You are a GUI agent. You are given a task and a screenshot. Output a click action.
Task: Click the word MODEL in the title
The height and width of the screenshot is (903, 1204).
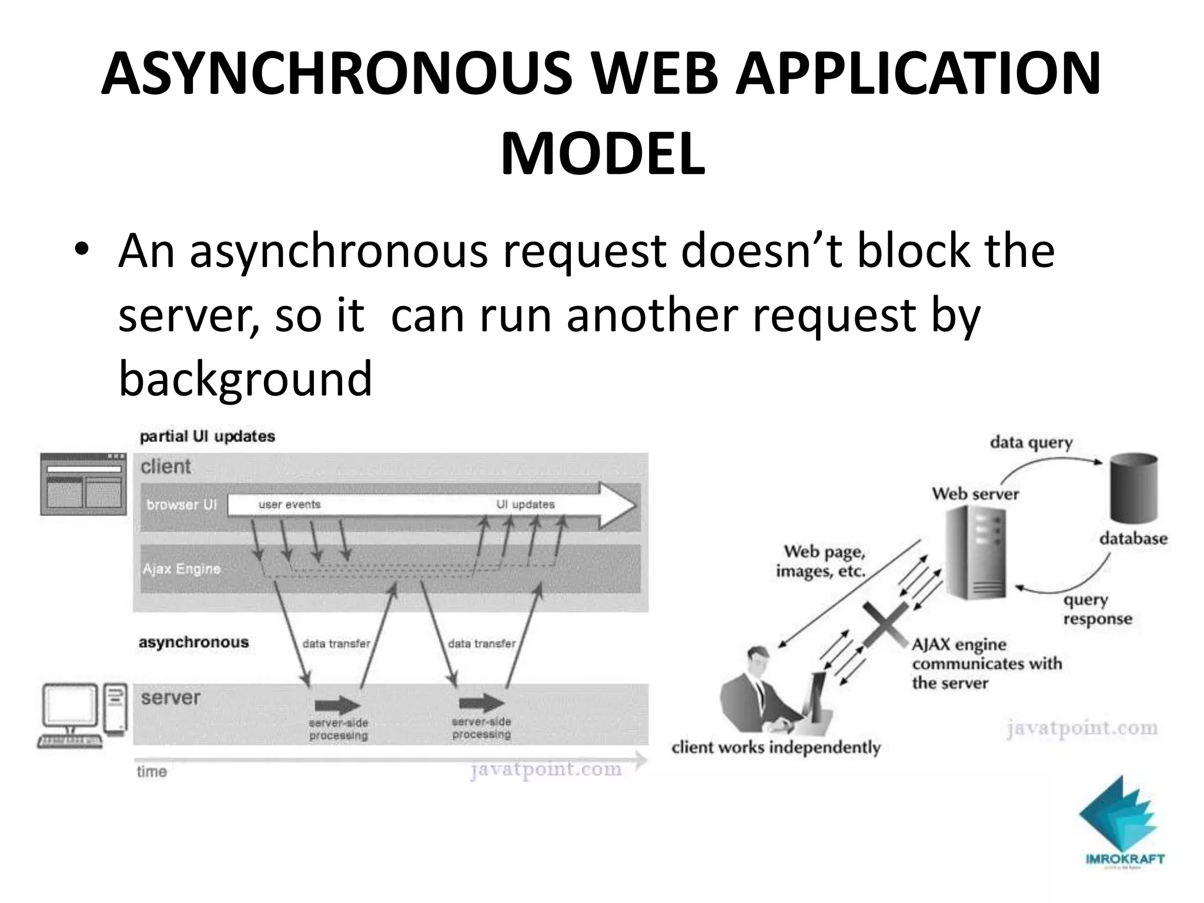pos(602,154)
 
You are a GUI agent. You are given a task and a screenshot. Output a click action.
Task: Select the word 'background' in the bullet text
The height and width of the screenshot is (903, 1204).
pos(245,379)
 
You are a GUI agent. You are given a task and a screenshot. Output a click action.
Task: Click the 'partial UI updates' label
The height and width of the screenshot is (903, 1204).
pos(207,437)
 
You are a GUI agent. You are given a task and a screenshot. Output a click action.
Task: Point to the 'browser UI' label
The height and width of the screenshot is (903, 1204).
pos(182,504)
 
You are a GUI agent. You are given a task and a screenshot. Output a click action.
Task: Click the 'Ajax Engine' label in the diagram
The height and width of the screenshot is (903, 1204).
pos(182,568)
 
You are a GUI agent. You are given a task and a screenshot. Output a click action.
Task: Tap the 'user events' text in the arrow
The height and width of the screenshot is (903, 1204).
pos(289,504)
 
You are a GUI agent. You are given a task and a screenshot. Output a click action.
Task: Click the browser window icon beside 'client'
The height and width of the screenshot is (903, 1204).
pos(83,483)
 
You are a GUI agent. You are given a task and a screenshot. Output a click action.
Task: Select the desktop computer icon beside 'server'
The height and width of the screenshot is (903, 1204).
pos(82,714)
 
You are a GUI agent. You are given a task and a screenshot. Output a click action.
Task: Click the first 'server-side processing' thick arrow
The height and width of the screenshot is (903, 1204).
pos(337,705)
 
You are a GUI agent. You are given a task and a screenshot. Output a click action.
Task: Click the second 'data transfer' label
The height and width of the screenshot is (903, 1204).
pos(481,644)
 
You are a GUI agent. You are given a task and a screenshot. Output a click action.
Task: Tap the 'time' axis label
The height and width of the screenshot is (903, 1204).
pos(152,771)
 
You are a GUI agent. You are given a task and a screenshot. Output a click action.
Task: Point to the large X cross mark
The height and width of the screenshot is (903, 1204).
pos(885,624)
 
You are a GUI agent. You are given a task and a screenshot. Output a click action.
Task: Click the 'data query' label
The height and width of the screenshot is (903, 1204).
pos(1031,442)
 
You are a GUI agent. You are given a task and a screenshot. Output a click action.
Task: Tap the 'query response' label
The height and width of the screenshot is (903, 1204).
pos(1097,610)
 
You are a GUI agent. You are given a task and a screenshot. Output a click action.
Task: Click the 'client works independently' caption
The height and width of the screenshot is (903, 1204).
pos(775,747)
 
